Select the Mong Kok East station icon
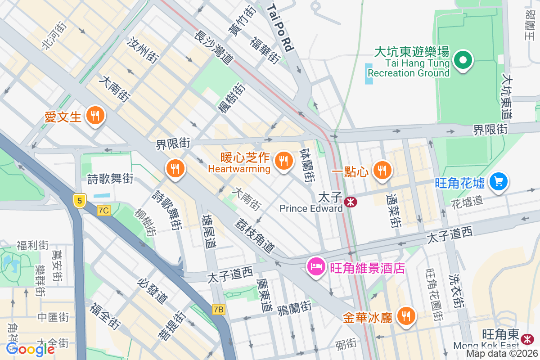coord(526,337)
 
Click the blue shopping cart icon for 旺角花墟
coord(499,182)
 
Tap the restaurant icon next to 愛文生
coord(95,116)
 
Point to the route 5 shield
coord(79,201)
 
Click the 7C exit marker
coord(103,210)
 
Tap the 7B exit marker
coord(219,310)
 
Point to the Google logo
coord(30,349)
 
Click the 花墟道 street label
coord(467,201)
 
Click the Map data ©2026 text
coord(502,354)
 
